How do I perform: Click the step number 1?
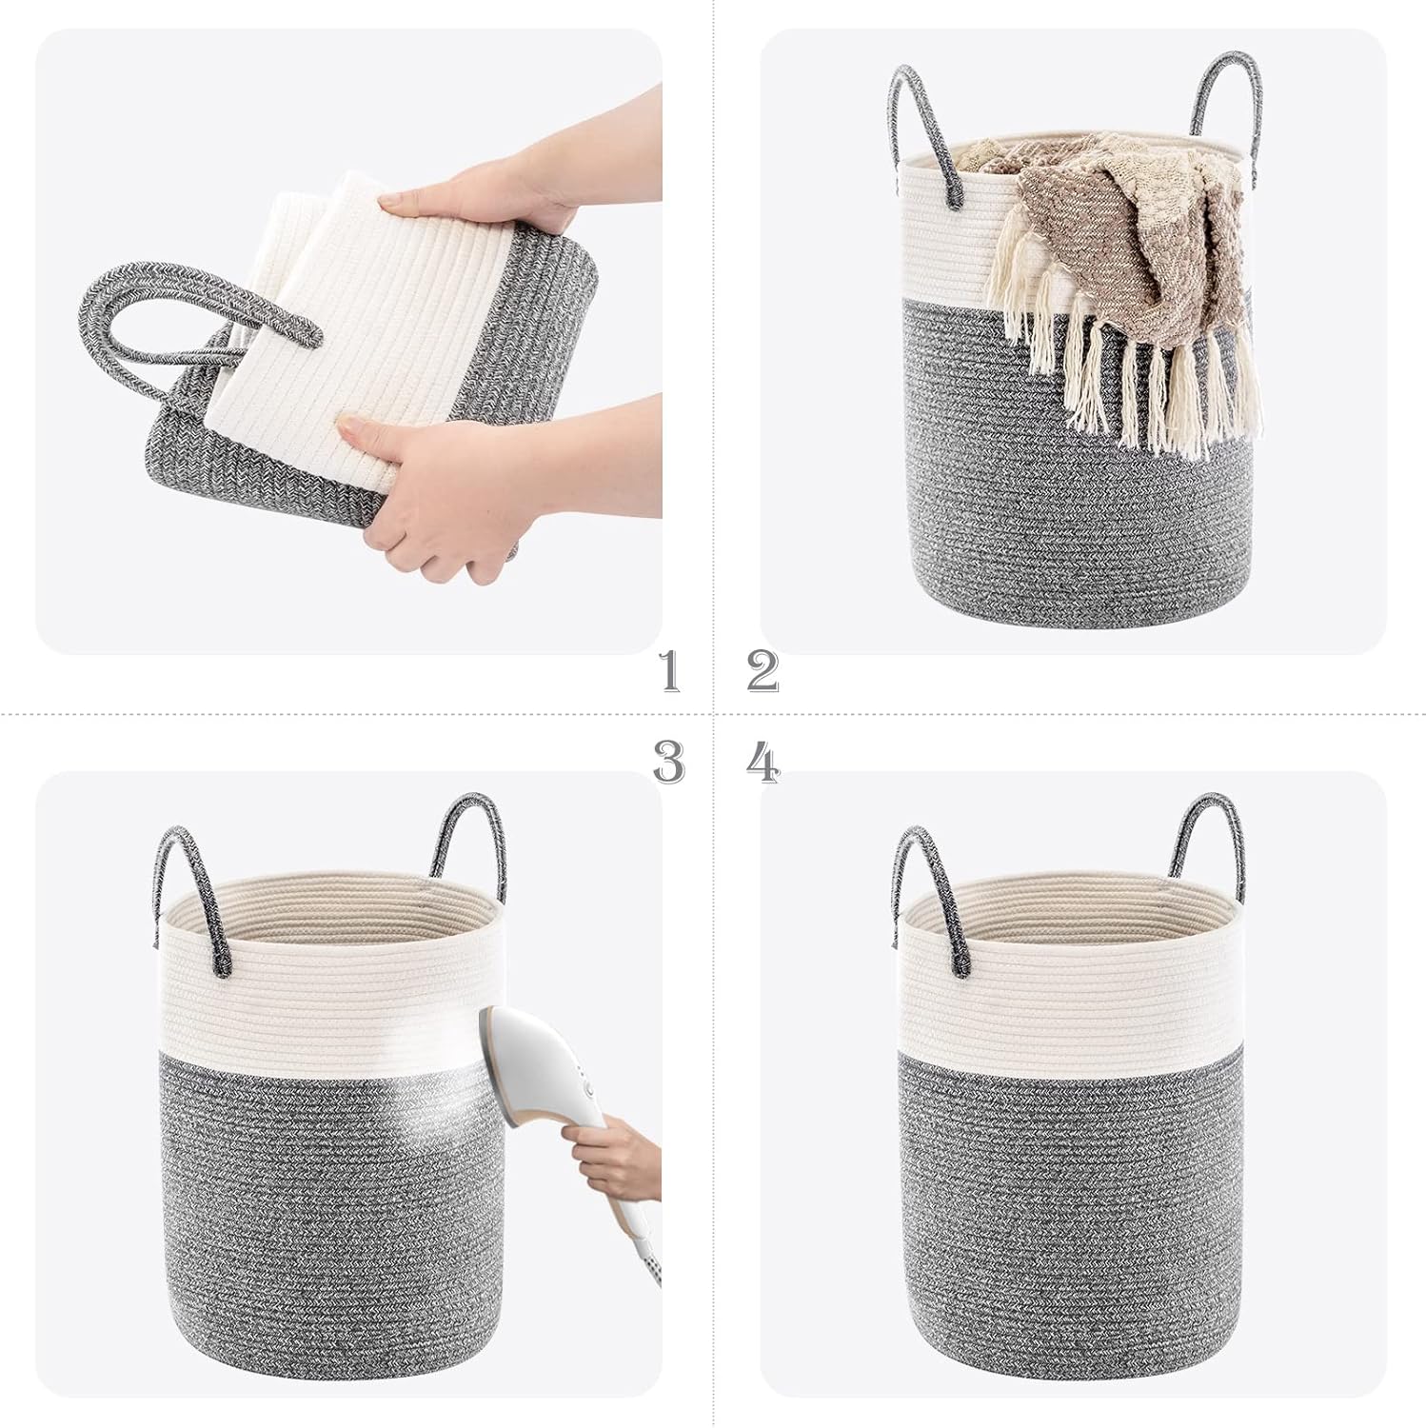point(670,671)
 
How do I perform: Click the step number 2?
point(763,671)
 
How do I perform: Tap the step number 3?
point(668,762)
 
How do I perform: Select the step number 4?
point(763,762)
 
